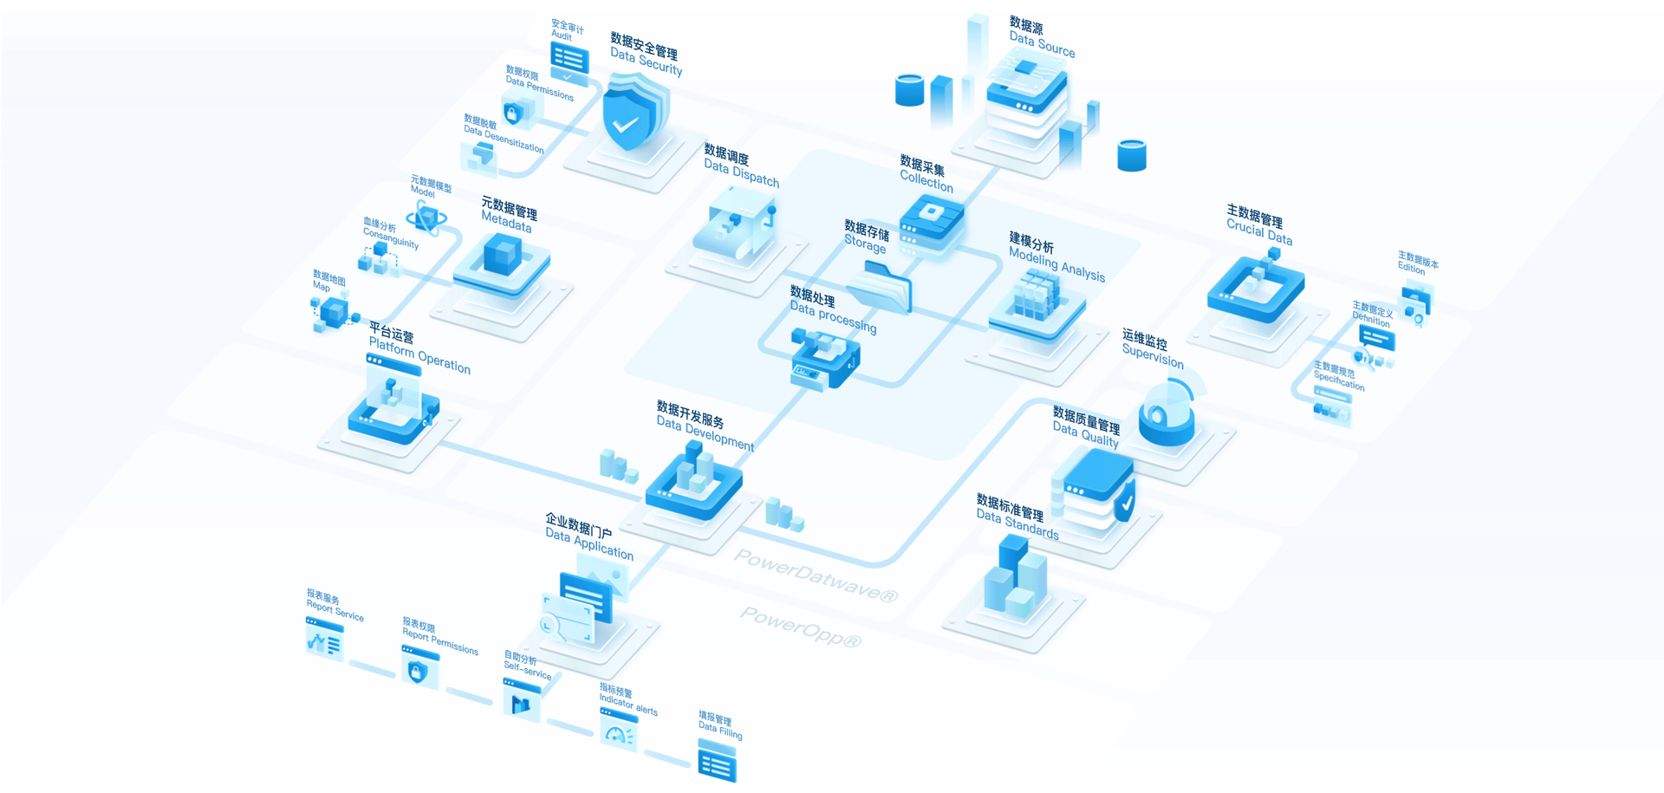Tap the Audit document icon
point(569,61)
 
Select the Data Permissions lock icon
point(514,114)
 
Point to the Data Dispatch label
point(741,166)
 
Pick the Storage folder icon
point(882,287)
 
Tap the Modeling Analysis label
point(1056,257)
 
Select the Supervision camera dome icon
point(1167,416)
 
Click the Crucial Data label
point(1258,225)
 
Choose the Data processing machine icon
point(825,358)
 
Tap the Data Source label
point(1041,38)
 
